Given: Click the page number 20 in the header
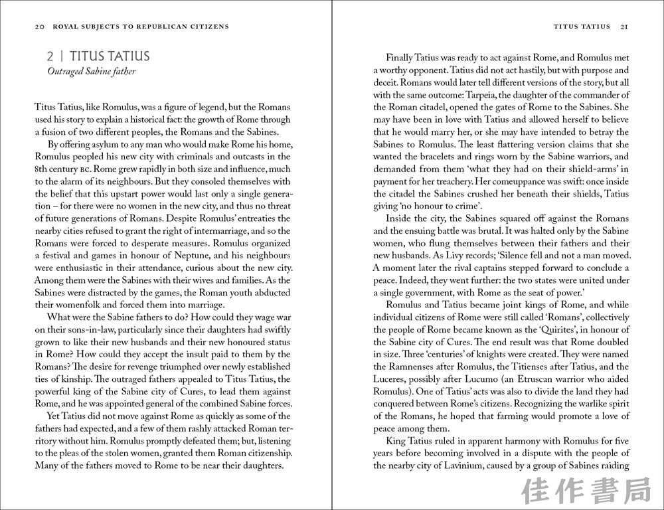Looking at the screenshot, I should point(39,27).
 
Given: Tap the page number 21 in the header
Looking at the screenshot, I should point(624,27).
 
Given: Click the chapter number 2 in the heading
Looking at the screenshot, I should point(50,57).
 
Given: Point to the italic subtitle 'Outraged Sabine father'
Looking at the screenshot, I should point(91,71).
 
